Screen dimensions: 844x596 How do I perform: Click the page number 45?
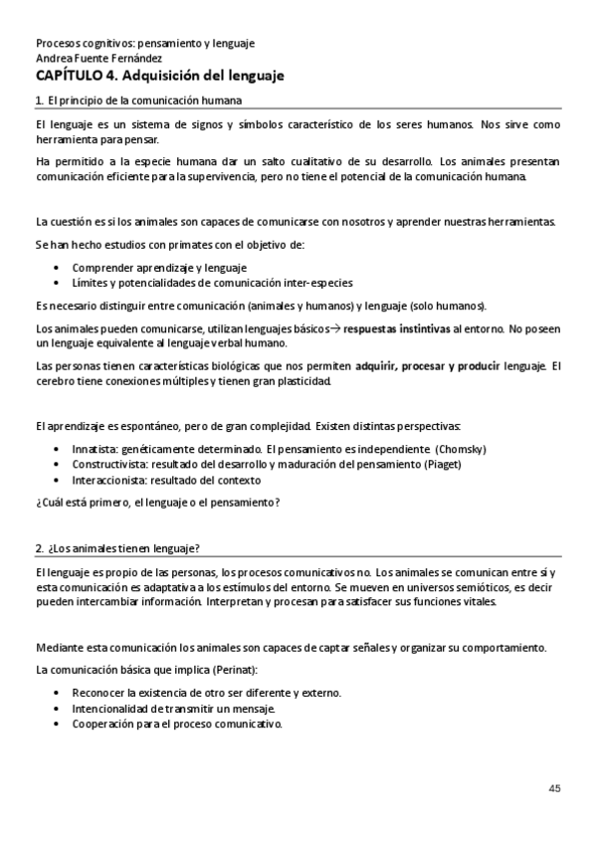[x=554, y=788]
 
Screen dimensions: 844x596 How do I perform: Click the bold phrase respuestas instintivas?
[x=396, y=327]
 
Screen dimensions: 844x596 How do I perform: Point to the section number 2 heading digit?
[x=38, y=548]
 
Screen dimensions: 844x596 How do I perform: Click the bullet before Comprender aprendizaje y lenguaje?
[x=58, y=267]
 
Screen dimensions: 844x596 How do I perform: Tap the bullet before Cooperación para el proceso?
[x=58, y=724]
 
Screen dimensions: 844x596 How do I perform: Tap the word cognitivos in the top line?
[x=104, y=44]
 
